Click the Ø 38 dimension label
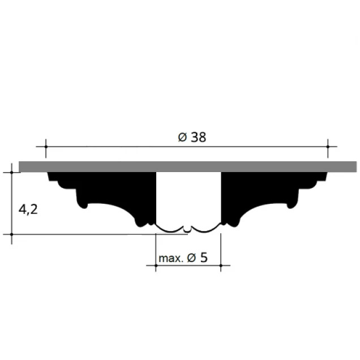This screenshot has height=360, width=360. pyautogui.click(x=192, y=138)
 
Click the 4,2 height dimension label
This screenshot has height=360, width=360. pyautogui.click(x=28, y=209)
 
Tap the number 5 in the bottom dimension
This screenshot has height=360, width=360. pyautogui.click(x=204, y=258)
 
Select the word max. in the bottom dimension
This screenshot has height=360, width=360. pyautogui.click(x=171, y=259)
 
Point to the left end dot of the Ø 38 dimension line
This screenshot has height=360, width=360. pyautogui.click(x=46, y=147)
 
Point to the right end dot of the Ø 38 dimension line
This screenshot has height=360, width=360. pyautogui.click(x=328, y=147)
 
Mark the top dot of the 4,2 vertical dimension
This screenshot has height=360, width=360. pyautogui.click(x=12, y=172)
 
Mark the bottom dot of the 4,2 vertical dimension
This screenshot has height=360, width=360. pyautogui.click(x=12, y=234)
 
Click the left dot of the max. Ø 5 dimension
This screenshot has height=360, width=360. pyautogui.click(x=156, y=265)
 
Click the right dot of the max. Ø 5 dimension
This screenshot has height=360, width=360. pyautogui.click(x=221, y=265)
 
